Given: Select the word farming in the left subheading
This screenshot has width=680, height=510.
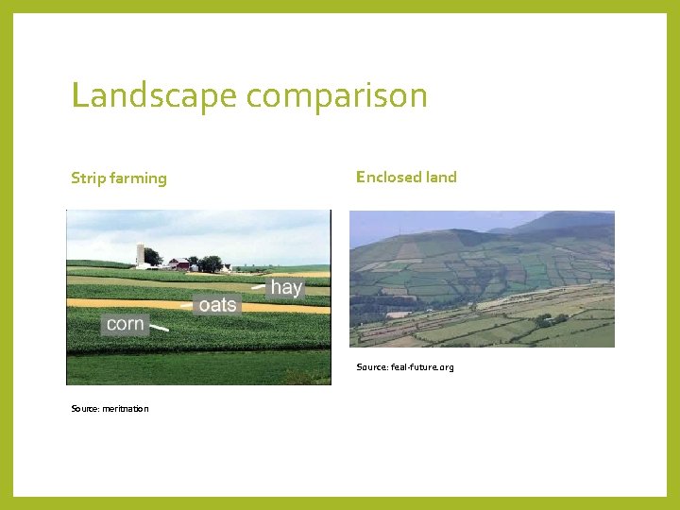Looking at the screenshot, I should coord(139,178).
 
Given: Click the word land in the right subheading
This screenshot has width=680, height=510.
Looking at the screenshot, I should coord(441,177).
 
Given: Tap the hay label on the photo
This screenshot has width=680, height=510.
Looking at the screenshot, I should coord(286,287).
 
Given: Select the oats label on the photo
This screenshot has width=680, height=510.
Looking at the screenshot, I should coord(218,304).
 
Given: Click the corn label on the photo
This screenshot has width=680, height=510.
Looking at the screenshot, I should coord(125,324).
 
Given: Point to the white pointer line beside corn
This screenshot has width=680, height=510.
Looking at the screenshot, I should coord(160,328).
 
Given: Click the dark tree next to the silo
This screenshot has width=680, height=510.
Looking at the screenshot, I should coord(152,257).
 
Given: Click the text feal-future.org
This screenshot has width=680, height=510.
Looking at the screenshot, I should coord(421,367).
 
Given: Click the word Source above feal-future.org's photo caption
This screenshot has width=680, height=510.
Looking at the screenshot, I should coord(371,367).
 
